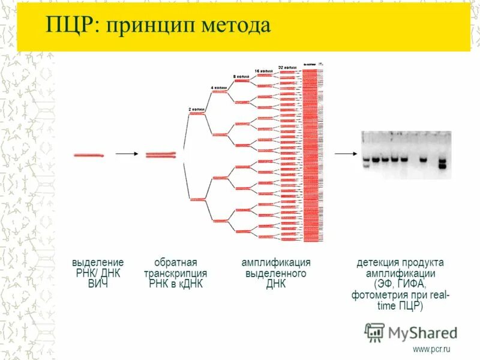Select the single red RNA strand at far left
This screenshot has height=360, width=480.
tap(88, 155)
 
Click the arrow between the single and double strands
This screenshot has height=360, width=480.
tap(126, 154)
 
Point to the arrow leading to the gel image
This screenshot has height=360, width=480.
tap(346, 154)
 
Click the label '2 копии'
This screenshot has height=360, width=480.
tap(197, 109)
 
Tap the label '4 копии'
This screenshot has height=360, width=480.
tap(218, 88)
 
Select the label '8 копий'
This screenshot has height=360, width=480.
tap(241, 77)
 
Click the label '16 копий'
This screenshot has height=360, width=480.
tap(265, 71)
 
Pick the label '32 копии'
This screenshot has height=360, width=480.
tap(287, 67)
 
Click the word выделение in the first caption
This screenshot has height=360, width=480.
tap(98, 263)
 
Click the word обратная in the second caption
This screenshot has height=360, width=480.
tap(176, 263)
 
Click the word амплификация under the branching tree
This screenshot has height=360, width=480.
tap(276, 263)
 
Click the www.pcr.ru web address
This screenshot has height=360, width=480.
tap(431, 349)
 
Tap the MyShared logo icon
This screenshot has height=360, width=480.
tap(374, 332)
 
